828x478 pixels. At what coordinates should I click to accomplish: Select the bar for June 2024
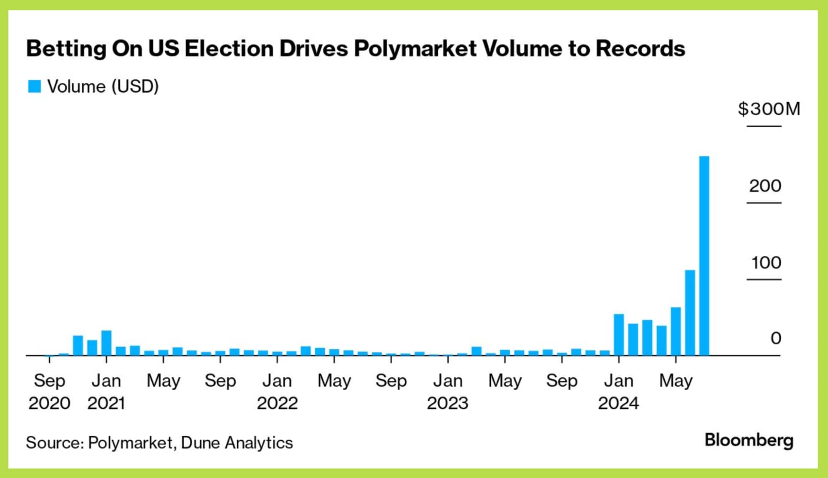tap(690, 312)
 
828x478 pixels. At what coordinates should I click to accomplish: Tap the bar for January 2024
tap(619, 334)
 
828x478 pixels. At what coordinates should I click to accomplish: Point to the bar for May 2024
tap(676, 331)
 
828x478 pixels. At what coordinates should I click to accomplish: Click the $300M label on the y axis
tap(769, 109)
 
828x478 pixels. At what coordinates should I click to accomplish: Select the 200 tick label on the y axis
tap(765, 186)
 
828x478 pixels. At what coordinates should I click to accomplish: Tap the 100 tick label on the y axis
tap(766, 263)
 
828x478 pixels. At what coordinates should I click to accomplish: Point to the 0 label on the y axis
tap(776, 339)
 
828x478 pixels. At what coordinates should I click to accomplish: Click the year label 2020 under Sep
tap(49, 403)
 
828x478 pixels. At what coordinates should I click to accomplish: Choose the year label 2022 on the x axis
tap(277, 403)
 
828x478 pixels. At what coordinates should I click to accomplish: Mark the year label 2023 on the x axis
tap(447, 403)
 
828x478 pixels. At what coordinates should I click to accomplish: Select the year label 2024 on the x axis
tap(618, 403)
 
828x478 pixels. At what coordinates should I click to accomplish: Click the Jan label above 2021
tap(106, 381)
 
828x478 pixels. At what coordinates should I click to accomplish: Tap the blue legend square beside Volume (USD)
tap(34, 86)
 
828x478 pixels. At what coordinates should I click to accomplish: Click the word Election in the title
tap(229, 48)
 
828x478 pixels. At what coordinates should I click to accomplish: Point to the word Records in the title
tap(640, 48)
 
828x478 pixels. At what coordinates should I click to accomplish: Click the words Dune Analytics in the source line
tap(237, 443)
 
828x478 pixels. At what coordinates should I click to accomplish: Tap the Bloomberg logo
tap(749, 441)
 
